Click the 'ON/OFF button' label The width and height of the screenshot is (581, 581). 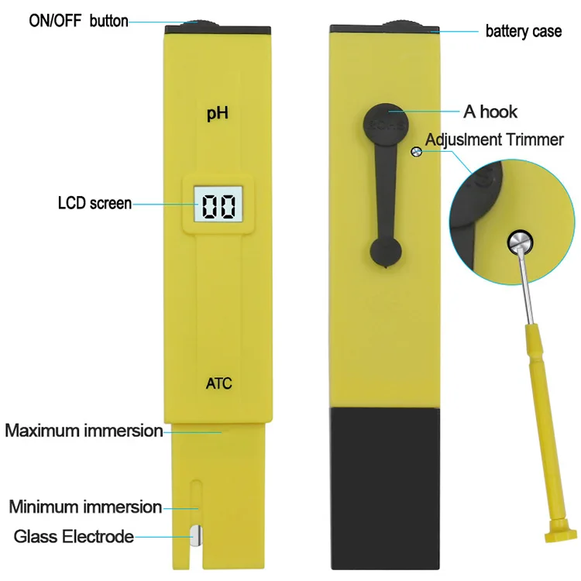pos(78,21)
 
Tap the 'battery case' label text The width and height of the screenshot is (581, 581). pos(523,32)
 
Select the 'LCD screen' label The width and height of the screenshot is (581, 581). pos(95,204)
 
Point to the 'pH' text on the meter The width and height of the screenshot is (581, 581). pos(217,115)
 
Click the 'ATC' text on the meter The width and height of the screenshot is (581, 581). pos(218,383)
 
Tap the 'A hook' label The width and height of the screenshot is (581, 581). pos(490,112)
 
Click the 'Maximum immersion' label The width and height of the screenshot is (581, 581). pos(84,430)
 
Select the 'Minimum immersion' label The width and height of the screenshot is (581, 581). pos(85,507)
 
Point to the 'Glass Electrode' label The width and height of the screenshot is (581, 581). pos(74,536)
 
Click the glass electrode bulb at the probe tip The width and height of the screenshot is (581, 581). pos(197,535)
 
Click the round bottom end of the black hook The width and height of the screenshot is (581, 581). pos(386,250)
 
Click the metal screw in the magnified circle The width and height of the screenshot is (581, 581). pos(520,242)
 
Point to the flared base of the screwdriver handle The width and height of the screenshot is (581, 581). pos(561,535)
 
